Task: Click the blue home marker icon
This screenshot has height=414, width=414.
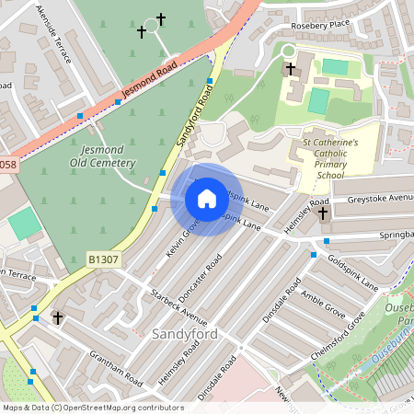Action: [207, 199]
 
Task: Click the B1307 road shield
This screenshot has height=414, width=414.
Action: [104, 260]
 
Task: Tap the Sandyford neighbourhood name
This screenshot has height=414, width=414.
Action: [185, 334]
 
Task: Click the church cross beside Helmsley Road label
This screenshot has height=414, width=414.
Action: [323, 213]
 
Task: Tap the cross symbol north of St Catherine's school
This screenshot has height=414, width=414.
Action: [291, 69]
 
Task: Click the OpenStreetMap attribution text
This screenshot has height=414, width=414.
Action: [92, 407]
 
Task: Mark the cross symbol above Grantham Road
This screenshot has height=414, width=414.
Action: [58, 317]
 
